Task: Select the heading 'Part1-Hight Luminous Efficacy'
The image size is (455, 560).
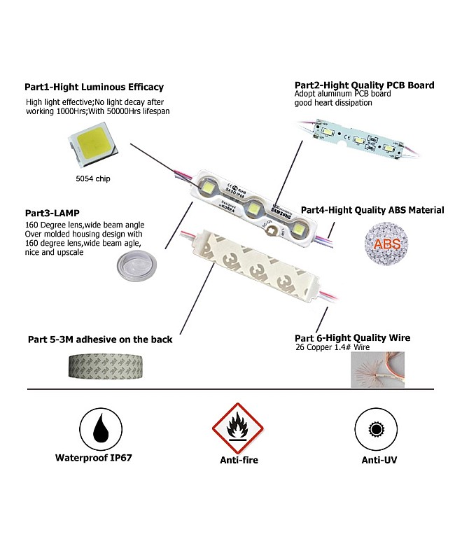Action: (94, 87)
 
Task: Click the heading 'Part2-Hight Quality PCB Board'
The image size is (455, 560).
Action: (364, 85)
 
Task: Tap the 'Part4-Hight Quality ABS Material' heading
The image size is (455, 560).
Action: (372, 210)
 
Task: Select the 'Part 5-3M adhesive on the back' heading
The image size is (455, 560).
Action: (100, 339)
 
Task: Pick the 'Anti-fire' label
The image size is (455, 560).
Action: (236, 461)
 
